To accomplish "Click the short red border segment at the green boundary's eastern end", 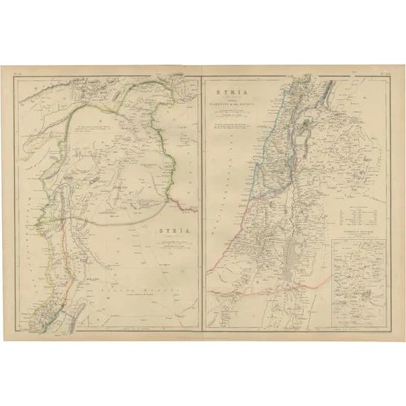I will click(x=188, y=208).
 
